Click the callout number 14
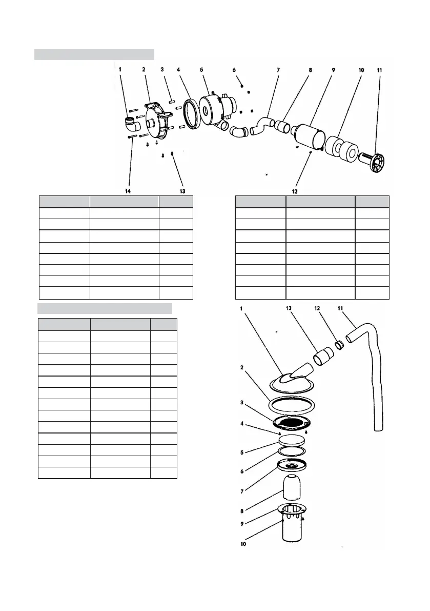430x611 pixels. (128, 191)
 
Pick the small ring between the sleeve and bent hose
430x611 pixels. (338, 343)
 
